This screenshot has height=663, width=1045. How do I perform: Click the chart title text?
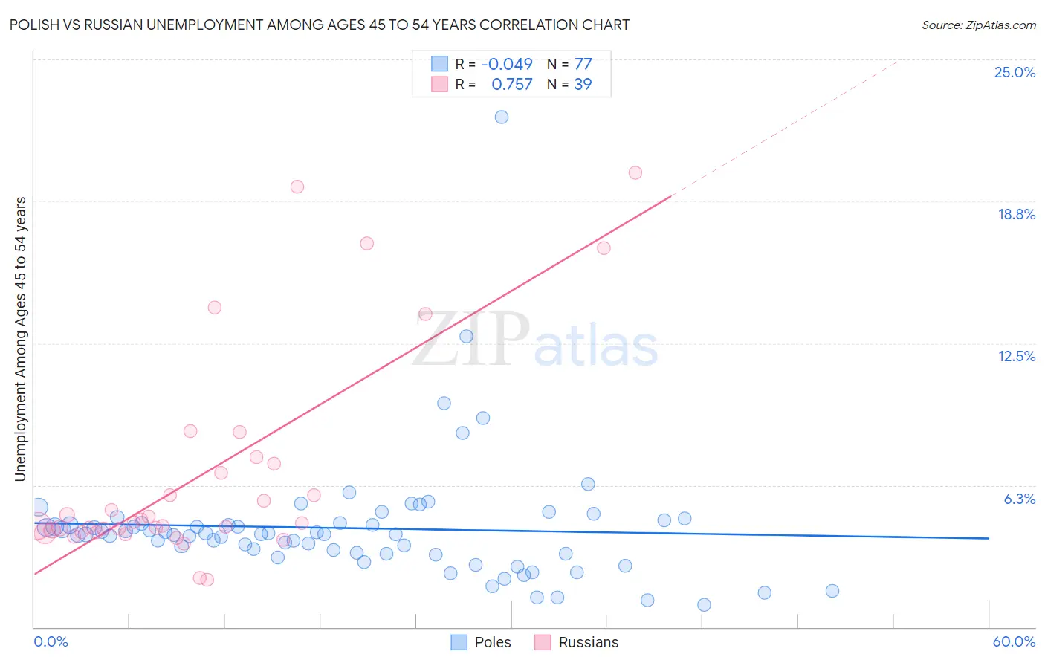[x=320, y=25]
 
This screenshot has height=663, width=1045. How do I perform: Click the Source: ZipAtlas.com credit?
[x=978, y=25]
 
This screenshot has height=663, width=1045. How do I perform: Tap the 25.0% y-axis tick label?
[x=1015, y=73]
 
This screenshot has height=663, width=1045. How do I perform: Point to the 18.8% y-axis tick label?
[x=1016, y=215]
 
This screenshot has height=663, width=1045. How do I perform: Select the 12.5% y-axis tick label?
[x=1016, y=357]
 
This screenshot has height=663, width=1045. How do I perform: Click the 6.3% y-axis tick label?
[x=1019, y=499]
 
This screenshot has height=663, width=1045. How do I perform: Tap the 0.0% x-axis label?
[x=51, y=642]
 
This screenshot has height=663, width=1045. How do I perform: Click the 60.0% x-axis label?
[x=1014, y=642]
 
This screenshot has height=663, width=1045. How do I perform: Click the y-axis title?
[x=21, y=339]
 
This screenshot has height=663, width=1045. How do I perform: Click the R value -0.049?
[x=507, y=65]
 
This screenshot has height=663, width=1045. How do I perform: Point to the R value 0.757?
[x=512, y=85]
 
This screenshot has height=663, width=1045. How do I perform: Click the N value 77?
[x=583, y=65]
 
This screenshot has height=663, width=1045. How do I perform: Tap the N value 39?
[x=583, y=85]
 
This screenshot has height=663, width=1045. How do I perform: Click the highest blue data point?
[x=502, y=117]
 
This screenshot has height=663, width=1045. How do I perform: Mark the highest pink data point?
[x=635, y=173]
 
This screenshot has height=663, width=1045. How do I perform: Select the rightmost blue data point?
[x=832, y=591]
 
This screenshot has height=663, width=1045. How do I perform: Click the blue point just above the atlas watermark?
[x=467, y=337]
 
